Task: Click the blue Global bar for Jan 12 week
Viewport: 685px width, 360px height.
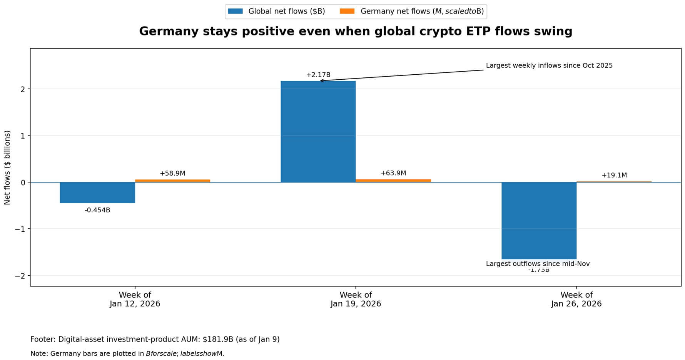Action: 97,193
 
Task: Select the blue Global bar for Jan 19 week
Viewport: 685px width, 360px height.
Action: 318,131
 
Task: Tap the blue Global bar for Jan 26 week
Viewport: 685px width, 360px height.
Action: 539,220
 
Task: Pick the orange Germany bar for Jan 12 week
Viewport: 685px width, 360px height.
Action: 172,181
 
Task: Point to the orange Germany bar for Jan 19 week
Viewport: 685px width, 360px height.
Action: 393,181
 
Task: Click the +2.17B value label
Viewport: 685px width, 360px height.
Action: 318,75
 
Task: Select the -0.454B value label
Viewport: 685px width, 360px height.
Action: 97,210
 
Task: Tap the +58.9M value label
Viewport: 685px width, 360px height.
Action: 172,173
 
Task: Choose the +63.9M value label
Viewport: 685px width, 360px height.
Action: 393,173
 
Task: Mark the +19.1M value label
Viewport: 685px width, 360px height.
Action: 614,175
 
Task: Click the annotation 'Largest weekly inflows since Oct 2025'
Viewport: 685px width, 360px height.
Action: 549,65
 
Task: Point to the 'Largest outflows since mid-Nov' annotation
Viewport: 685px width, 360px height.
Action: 538,264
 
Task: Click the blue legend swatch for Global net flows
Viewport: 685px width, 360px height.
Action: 235,11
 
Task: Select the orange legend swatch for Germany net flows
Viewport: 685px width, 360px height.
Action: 347,11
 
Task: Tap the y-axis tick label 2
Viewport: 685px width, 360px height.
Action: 23,89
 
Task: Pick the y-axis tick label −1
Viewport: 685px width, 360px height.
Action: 20,229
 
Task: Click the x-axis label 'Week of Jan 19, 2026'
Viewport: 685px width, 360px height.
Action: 356,299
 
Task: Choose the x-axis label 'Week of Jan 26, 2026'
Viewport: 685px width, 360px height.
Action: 576,299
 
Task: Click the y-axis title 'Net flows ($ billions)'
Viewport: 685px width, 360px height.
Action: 7,167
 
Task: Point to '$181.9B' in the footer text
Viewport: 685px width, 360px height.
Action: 218,339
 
